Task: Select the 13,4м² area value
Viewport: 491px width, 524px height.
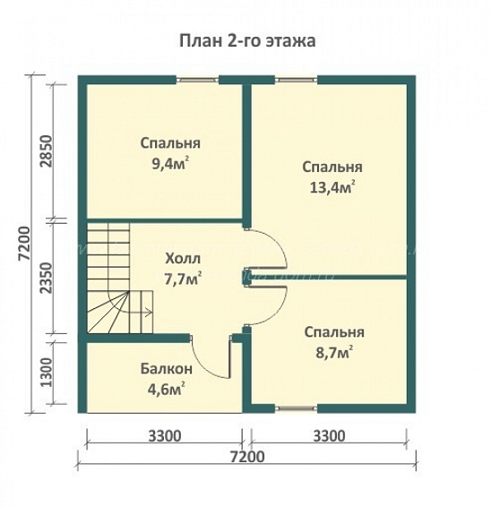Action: [332, 187]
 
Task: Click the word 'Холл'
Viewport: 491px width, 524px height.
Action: [182, 259]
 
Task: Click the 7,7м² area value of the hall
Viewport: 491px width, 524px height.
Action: [183, 279]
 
